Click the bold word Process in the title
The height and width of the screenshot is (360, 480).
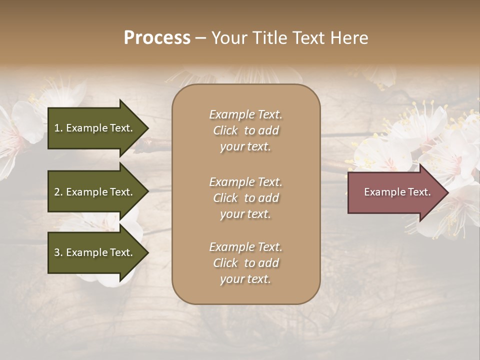pos(157,38)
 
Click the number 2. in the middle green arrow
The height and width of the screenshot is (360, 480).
pos(58,192)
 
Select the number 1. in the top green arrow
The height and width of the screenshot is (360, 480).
pos(58,128)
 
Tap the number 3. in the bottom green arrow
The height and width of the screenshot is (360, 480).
pos(58,252)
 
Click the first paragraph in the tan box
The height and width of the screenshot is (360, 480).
pos(245,130)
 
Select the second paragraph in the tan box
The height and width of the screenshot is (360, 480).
pos(245,198)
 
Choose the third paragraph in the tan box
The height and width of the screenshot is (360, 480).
pos(245,263)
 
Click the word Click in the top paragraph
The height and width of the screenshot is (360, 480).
pos(225,130)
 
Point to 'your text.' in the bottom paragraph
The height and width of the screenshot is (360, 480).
pos(245,279)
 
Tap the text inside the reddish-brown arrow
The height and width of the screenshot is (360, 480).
pos(397,192)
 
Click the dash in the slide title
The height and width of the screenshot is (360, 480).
pos(201,38)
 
